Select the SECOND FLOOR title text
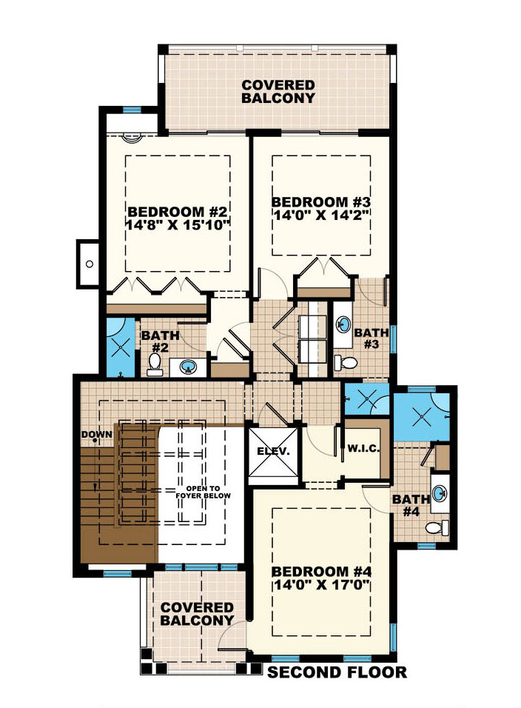337,672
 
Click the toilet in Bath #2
155,364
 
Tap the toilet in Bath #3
345,362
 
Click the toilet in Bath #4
438,527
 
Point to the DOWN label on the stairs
97,434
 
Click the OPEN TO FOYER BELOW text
195,492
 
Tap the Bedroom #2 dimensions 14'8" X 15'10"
178,223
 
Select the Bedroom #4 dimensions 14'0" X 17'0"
321,585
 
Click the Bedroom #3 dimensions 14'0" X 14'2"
320,216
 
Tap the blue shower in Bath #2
119,347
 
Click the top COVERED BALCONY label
278,91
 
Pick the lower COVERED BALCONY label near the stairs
197,613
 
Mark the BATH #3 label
371,338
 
